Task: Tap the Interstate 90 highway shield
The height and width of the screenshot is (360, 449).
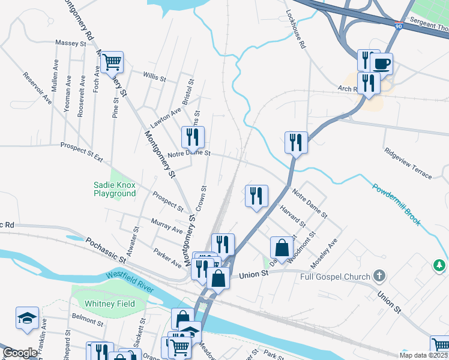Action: [400, 26]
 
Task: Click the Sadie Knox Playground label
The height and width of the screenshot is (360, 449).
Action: [115, 190]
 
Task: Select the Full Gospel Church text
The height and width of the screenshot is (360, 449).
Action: [334, 276]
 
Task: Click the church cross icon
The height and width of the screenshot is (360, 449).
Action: [379, 276]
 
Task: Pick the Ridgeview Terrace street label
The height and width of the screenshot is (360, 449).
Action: [408, 163]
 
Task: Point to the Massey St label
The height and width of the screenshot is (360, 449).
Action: [71, 43]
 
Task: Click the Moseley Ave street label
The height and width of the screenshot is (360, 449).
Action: [324, 253]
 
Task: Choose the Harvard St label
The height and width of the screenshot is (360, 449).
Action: [294, 217]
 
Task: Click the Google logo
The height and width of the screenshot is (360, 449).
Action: [20, 353]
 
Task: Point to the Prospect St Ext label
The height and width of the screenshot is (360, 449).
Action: [82, 147]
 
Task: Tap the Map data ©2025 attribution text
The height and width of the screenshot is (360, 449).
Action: [423, 355]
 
